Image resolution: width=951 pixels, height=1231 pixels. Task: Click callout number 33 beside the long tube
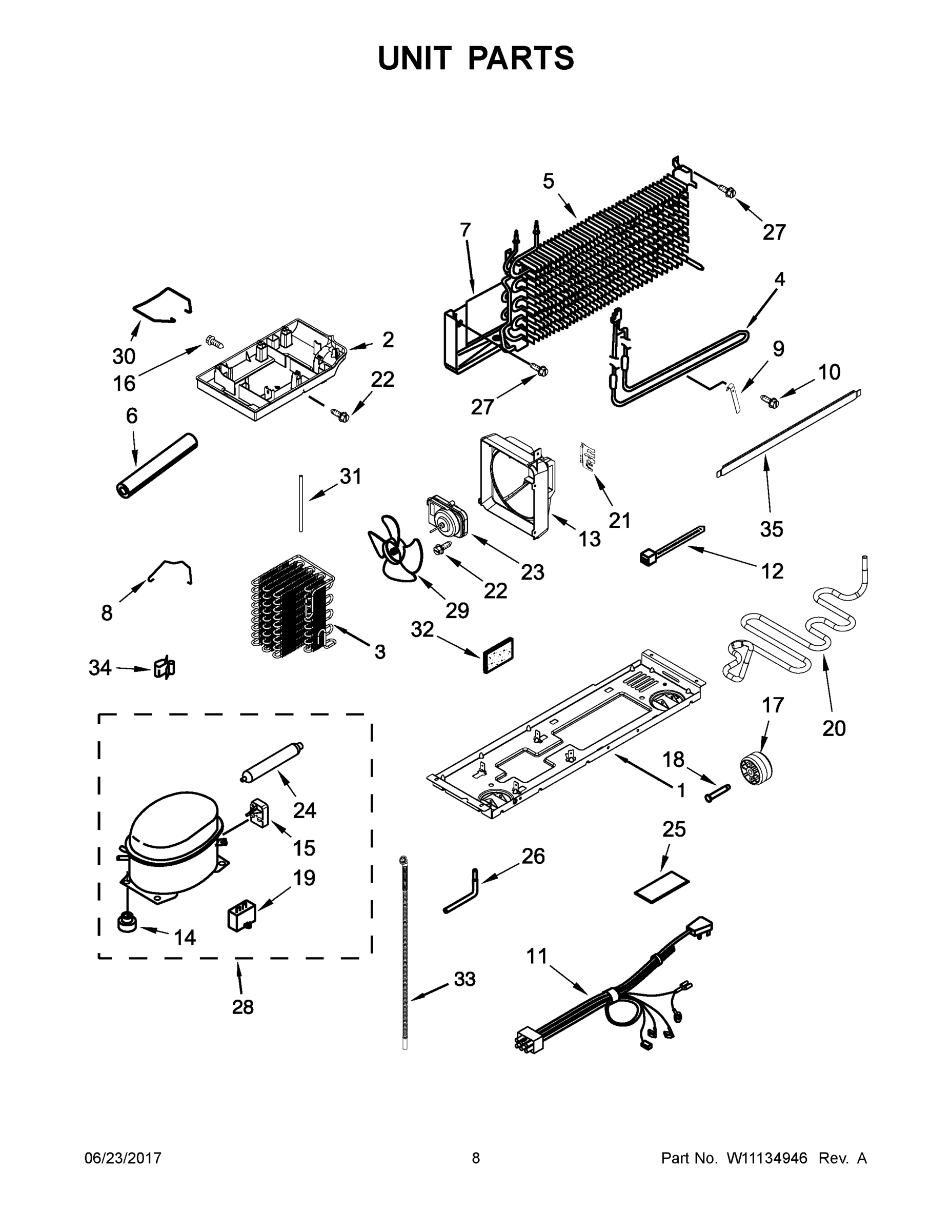465,979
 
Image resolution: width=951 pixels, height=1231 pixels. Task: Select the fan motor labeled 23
448,513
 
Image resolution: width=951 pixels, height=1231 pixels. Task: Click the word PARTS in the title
521,58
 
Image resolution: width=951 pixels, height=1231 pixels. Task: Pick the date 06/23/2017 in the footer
123,1158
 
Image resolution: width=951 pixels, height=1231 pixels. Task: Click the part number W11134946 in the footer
767,1158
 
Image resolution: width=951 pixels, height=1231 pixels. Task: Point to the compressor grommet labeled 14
127,924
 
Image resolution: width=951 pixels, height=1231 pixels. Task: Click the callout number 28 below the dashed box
243,1006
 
